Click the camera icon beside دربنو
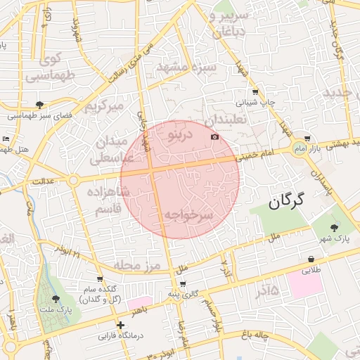214,136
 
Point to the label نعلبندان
226,120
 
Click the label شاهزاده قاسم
108,200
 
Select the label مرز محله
137,265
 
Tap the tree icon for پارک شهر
333,226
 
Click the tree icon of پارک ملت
56,298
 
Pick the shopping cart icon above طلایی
311,259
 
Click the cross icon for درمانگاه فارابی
121,325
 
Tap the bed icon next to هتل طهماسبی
6,139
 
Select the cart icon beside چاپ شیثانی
255,91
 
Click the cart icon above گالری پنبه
183,284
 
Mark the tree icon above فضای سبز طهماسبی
39,104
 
